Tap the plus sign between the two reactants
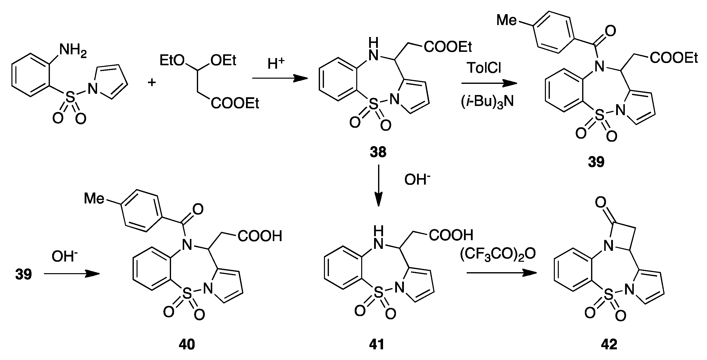point(151,82)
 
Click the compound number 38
point(378,152)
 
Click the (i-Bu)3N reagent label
point(487,102)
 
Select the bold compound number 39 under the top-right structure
point(596,162)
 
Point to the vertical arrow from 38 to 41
point(379,185)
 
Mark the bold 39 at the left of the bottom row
point(24,274)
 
